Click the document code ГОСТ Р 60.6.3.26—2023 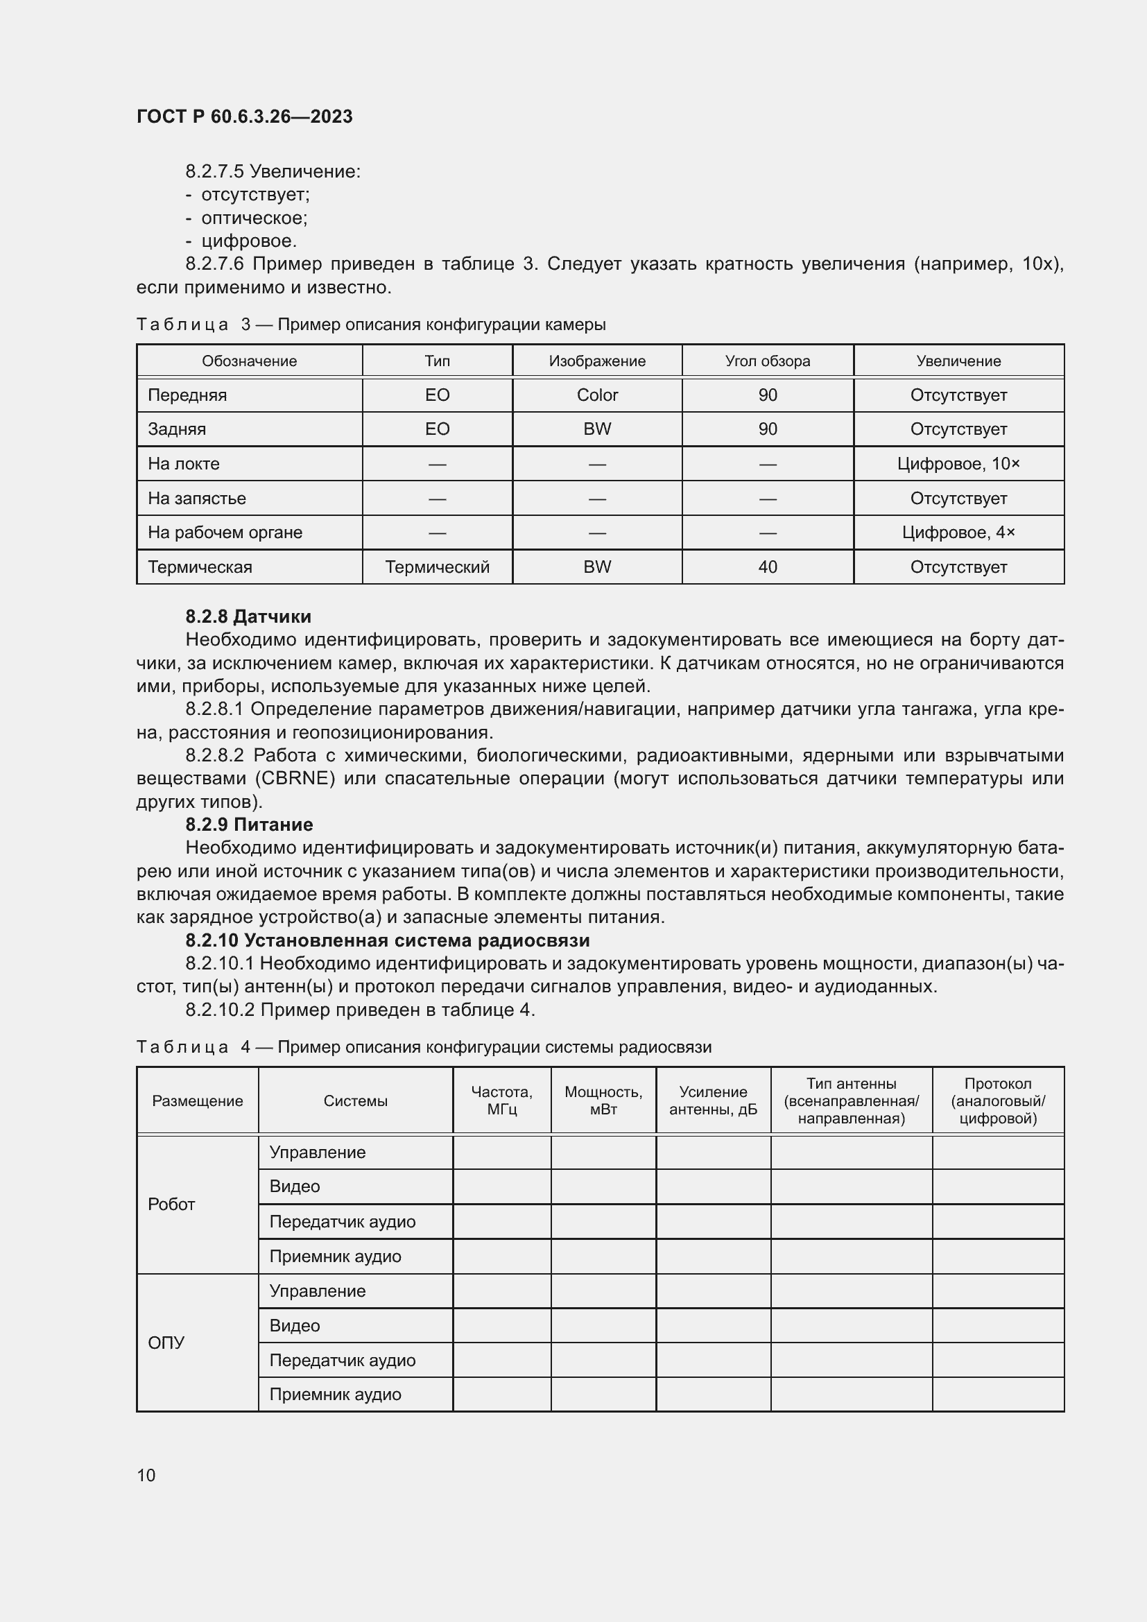pyautogui.click(x=244, y=117)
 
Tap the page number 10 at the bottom pyautogui.click(x=146, y=1475)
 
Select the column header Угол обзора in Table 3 pyautogui.click(x=767, y=361)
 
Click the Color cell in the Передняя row pyautogui.click(x=597, y=395)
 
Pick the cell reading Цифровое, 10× pyautogui.click(x=958, y=464)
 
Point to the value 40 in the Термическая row pyautogui.click(x=767, y=567)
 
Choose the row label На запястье pyautogui.click(x=197, y=499)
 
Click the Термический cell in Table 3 pyautogui.click(x=437, y=567)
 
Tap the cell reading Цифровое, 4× pyautogui.click(x=958, y=533)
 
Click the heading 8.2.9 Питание pyautogui.click(x=249, y=825)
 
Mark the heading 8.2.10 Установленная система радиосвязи pyautogui.click(x=387, y=940)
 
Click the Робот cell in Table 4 pyautogui.click(x=171, y=1205)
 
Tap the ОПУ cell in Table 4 pyautogui.click(x=166, y=1343)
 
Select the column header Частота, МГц pyautogui.click(x=501, y=1101)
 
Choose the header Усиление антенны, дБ pyautogui.click(x=713, y=1101)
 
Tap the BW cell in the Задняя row pyautogui.click(x=597, y=429)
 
